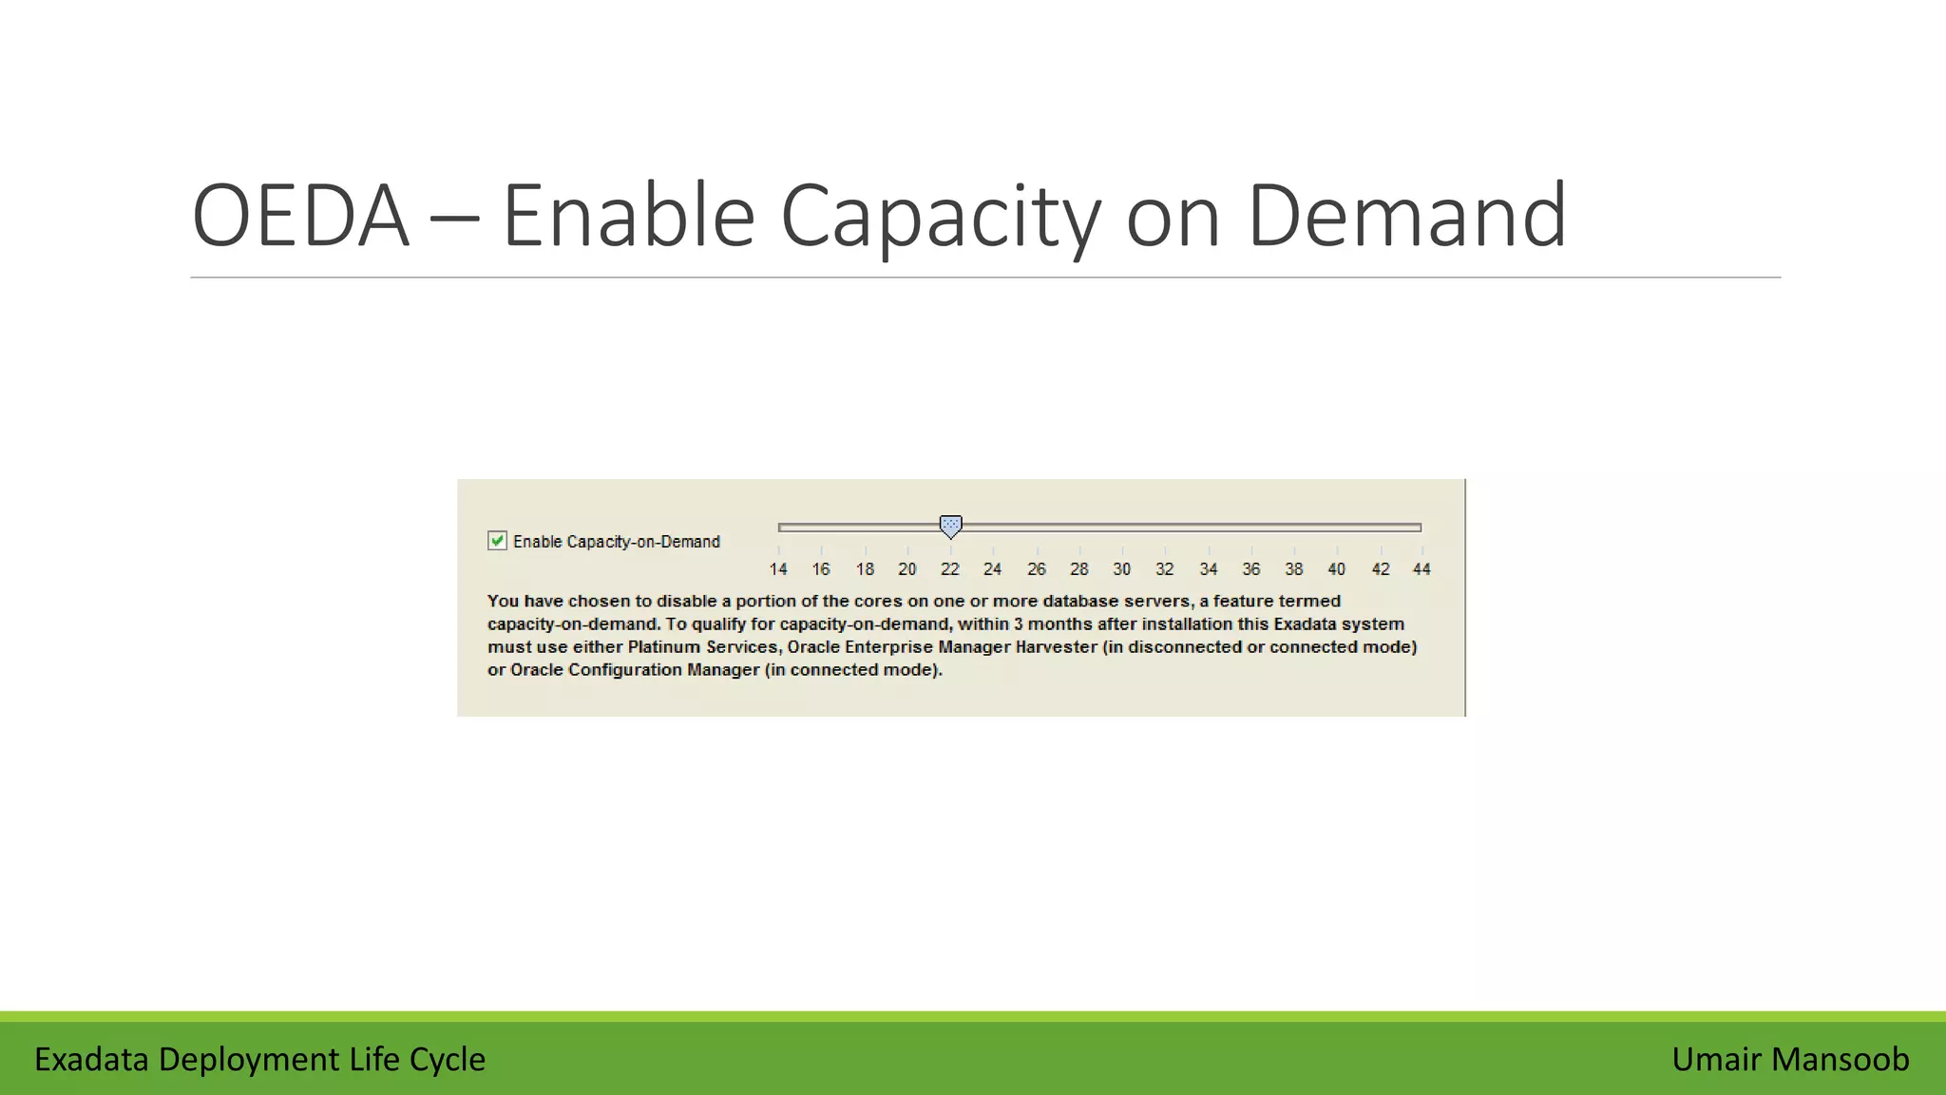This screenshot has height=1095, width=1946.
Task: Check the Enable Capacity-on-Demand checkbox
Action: tap(497, 541)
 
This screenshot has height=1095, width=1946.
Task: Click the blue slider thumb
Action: tap(950, 526)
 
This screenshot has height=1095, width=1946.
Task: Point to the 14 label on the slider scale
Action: tap(778, 569)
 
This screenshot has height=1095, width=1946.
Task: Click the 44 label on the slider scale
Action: tap(1421, 569)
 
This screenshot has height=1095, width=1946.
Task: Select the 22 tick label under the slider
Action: tap(950, 569)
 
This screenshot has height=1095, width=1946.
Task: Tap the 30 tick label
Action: tap(1122, 569)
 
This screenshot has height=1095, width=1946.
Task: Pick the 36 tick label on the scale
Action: tap(1251, 569)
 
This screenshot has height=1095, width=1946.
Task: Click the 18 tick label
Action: tap(865, 569)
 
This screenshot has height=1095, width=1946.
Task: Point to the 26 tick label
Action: tap(1037, 569)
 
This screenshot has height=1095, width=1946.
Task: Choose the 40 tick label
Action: tap(1337, 569)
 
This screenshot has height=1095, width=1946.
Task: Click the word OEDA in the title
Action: tap(300, 217)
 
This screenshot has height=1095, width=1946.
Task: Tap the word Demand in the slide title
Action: tap(1406, 217)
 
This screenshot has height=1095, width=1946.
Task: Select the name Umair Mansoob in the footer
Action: tap(1790, 1059)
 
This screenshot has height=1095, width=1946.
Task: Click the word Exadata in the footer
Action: tap(91, 1059)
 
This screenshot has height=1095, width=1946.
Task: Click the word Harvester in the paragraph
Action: tap(1057, 647)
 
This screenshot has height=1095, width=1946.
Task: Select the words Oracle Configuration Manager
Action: tap(635, 670)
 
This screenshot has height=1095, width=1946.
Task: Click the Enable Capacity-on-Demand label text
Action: tap(617, 542)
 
